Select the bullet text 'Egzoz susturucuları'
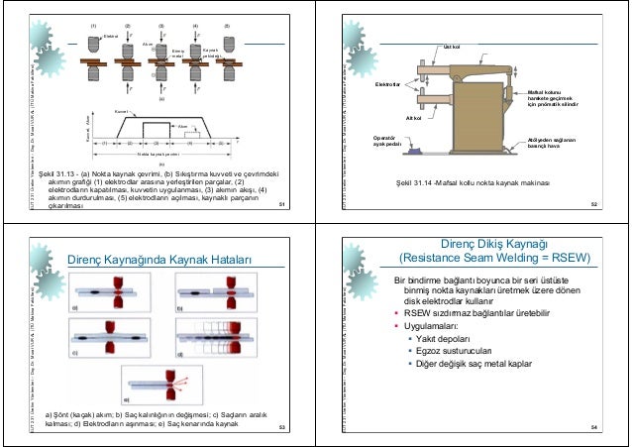click(x=461, y=351)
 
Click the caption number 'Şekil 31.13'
click(x=46, y=172)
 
